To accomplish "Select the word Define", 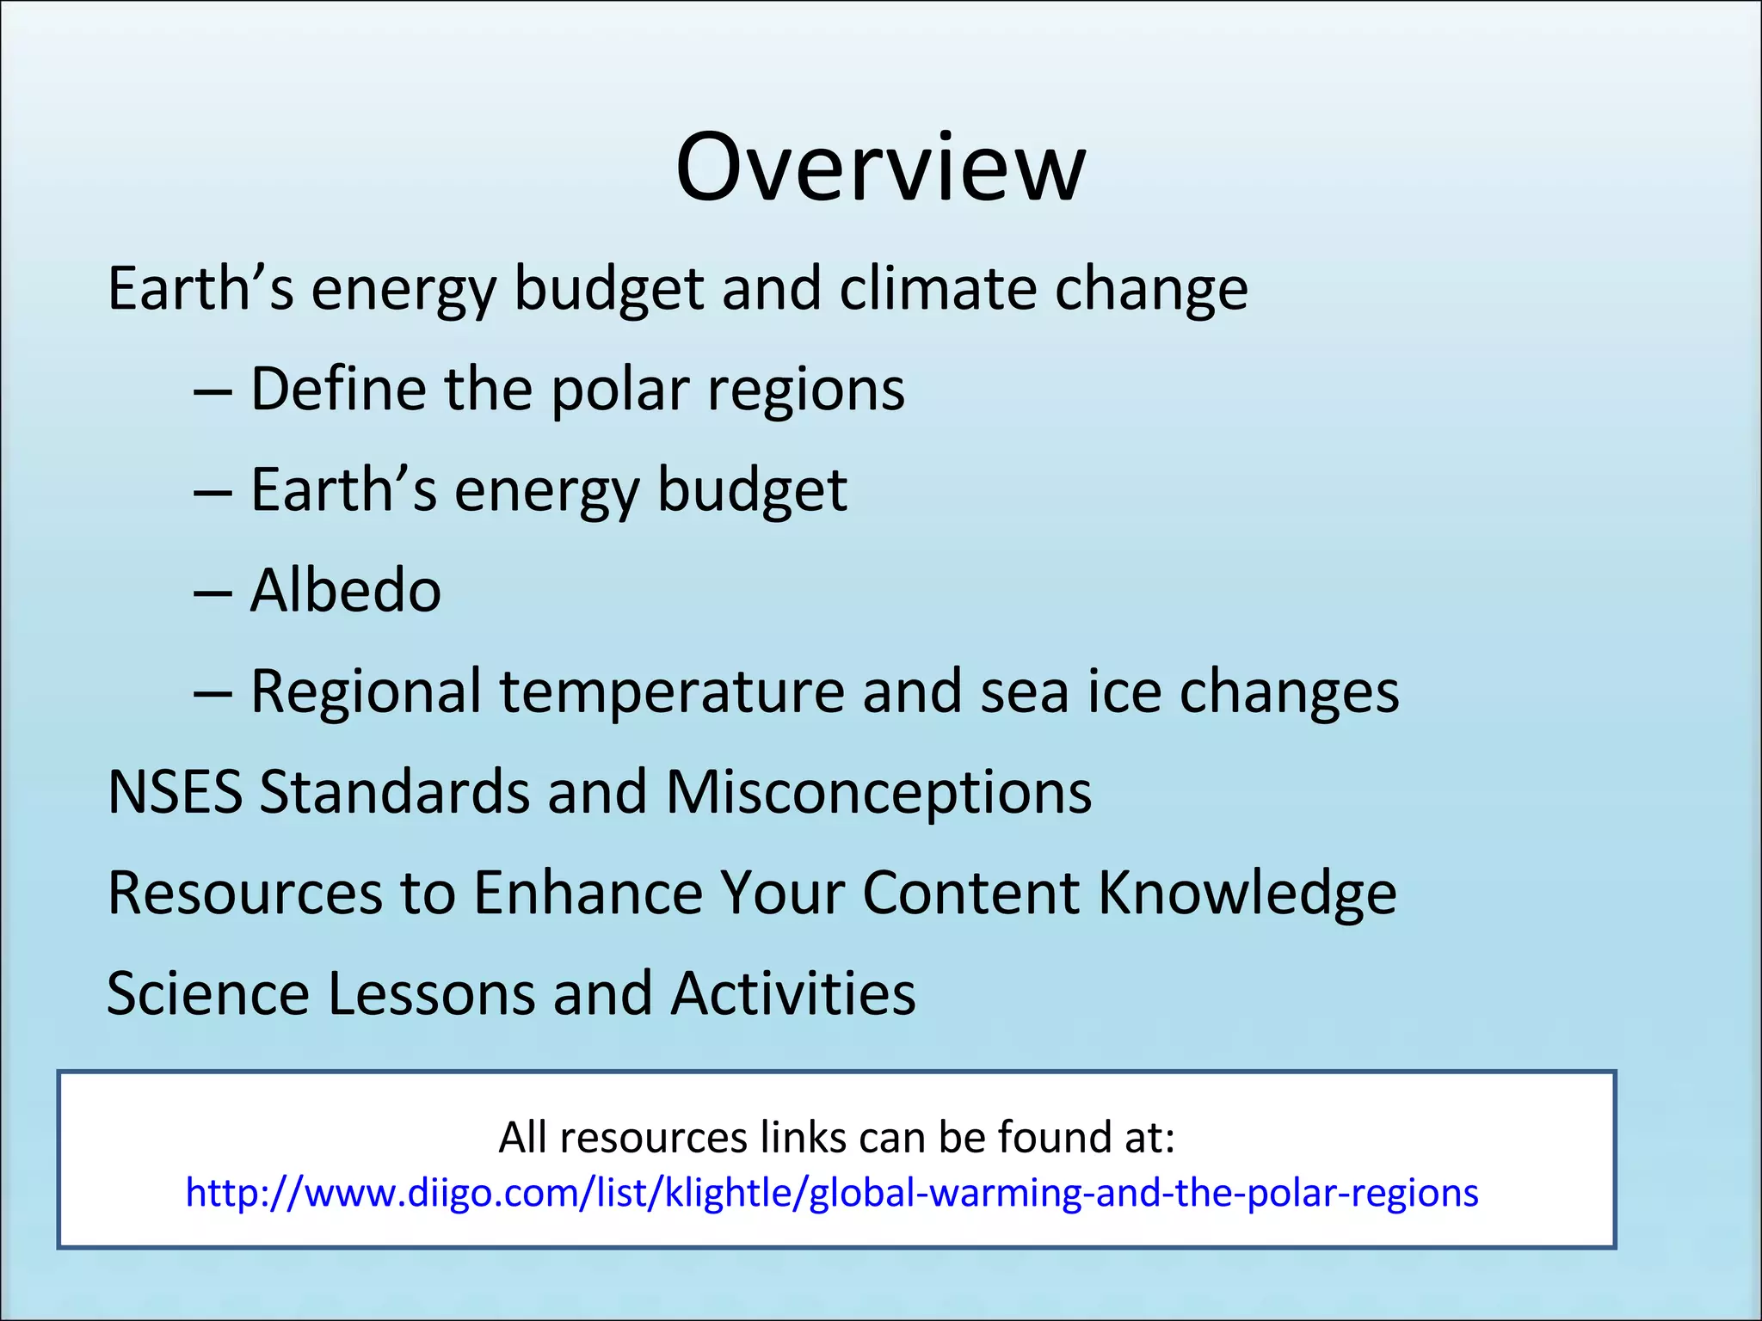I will [x=337, y=389].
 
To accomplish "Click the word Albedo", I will [x=346, y=591].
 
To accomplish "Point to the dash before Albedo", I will [x=213, y=593].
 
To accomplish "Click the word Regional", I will [x=366, y=691].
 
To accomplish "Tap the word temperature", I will [x=672, y=691].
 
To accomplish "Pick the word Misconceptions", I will [x=878, y=791].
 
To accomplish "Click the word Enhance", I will [x=588, y=893].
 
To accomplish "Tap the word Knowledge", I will [x=1248, y=893].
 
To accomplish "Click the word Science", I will [x=207, y=993].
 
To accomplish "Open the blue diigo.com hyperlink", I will [x=832, y=1193].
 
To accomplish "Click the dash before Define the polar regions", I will [x=213, y=391].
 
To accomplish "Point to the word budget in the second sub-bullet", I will [x=752, y=490].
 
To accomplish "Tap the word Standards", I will [x=394, y=791].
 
